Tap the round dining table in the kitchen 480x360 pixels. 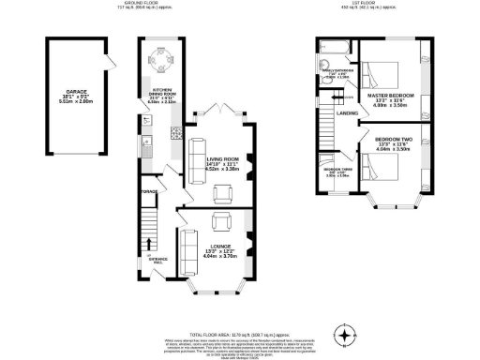[x=158, y=63]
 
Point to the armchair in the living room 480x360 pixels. [x=224, y=194]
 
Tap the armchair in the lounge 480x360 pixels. [x=223, y=221]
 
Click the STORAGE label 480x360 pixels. [x=149, y=192]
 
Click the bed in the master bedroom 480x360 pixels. [x=381, y=73]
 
